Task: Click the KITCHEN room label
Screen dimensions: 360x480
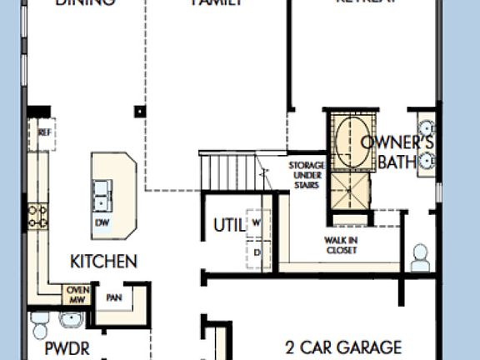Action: click(x=103, y=262)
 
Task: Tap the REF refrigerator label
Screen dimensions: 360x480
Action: click(x=45, y=132)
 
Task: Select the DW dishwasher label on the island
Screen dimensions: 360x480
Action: click(x=102, y=222)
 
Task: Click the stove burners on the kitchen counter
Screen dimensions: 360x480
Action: click(x=37, y=217)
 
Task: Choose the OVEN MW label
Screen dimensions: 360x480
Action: click(x=77, y=294)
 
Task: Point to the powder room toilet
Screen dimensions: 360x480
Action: click(x=39, y=322)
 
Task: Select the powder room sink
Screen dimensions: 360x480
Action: click(x=70, y=320)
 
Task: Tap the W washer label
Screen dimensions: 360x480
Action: click(x=257, y=222)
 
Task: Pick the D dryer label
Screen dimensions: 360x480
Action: click(x=257, y=252)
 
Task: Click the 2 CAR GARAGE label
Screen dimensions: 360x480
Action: click(x=343, y=347)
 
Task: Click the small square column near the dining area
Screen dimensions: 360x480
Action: click(x=140, y=110)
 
